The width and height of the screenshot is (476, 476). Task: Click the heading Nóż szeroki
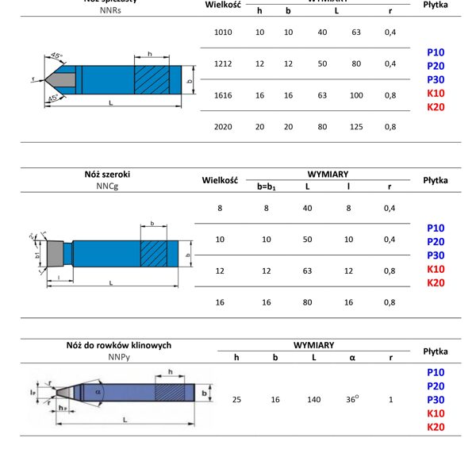(x=106, y=175)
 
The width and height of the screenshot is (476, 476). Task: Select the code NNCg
(x=106, y=187)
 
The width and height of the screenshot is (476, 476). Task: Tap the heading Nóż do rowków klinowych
(x=118, y=346)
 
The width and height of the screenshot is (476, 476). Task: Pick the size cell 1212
(x=223, y=63)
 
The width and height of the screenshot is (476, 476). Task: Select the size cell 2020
(x=223, y=126)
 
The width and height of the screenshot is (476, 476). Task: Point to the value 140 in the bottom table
(x=313, y=399)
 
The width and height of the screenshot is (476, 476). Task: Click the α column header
(x=352, y=358)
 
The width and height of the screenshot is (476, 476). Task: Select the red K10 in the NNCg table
(x=436, y=269)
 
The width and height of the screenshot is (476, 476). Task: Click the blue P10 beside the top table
(x=436, y=52)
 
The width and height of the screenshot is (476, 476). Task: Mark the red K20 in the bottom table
(x=436, y=428)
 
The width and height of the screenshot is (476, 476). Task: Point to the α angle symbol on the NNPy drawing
(x=98, y=391)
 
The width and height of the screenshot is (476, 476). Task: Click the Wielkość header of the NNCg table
(x=221, y=181)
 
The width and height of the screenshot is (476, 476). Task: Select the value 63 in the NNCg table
(x=308, y=271)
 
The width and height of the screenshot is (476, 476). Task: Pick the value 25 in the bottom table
(x=236, y=399)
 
